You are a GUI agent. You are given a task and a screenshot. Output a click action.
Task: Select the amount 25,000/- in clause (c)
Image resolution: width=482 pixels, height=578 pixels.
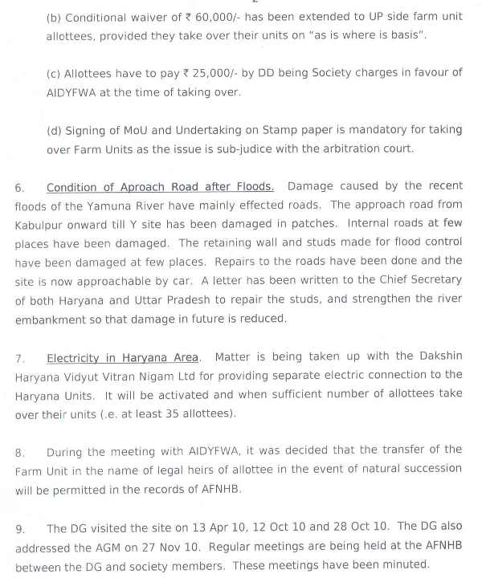[x=214, y=72]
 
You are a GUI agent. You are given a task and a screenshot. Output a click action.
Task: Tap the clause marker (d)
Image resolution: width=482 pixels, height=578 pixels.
[x=54, y=130]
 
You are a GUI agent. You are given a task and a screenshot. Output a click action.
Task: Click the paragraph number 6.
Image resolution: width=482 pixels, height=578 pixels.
[x=19, y=187]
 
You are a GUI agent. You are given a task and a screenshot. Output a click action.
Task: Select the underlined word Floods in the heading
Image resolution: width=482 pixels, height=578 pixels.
[x=252, y=186]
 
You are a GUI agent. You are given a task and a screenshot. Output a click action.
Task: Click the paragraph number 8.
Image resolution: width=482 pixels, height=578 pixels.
[x=19, y=452]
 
